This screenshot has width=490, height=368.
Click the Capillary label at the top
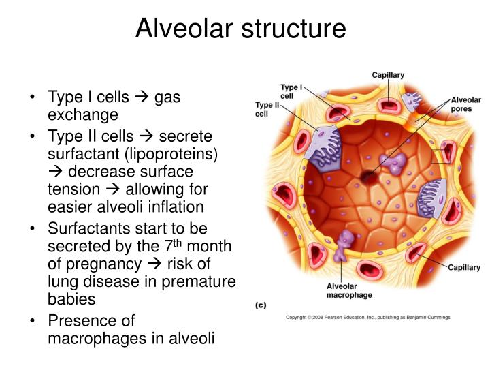389,75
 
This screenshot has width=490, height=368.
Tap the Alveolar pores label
465,104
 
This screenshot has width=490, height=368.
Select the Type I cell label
291,91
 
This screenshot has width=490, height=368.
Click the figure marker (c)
260,306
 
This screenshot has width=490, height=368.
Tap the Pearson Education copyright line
367,317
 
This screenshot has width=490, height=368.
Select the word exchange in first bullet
82,114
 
